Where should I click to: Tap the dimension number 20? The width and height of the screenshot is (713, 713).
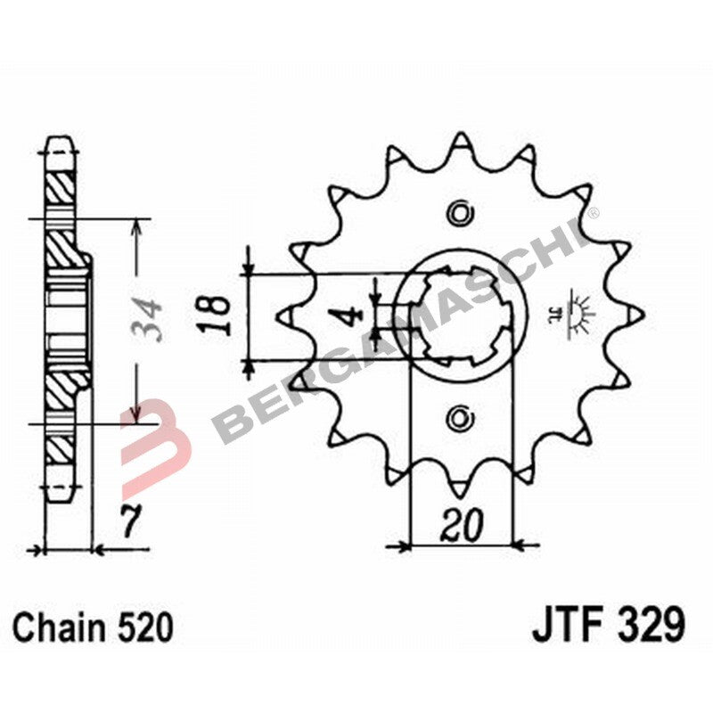(460, 527)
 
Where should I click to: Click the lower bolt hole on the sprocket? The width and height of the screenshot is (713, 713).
(460, 415)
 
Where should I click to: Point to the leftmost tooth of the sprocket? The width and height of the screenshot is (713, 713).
(286, 314)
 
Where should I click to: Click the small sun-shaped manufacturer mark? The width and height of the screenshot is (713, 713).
(580, 315)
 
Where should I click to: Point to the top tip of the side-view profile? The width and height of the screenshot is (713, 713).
(61, 141)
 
